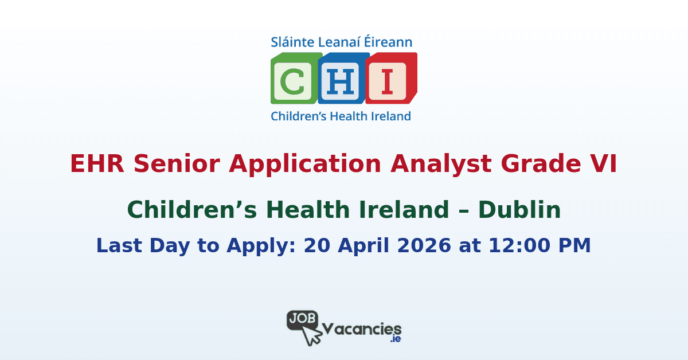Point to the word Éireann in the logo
(390, 42)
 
